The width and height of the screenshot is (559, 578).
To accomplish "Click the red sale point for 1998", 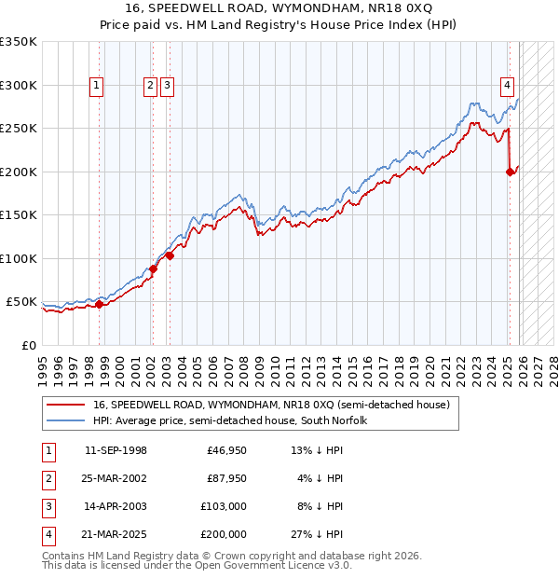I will coord(99,304).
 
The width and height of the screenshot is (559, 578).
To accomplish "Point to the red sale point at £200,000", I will coord(510,172).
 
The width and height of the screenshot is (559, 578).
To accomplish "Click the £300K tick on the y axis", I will coord(19,85).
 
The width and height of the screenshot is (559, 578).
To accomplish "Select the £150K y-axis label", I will coord(19,214).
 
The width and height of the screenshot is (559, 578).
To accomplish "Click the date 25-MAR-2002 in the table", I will coord(116,479).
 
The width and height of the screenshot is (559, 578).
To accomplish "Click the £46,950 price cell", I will coord(226,451).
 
